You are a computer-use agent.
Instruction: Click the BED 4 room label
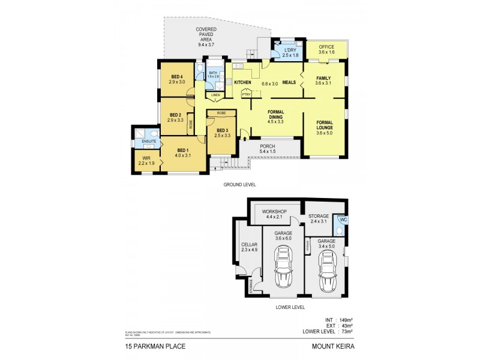[176, 77]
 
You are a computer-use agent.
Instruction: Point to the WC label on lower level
[343, 220]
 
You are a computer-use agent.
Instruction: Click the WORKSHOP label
[274, 212]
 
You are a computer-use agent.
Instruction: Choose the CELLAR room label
[249, 244]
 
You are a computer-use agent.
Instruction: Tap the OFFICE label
[326, 46]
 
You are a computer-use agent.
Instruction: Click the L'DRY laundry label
[292, 50]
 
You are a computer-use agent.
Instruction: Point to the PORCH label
[267, 146]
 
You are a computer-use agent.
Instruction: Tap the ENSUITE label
[149, 142]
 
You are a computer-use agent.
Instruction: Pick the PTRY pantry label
[246, 94]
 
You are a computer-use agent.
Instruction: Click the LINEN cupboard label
[215, 95]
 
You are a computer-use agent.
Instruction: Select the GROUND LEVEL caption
[239, 185]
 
